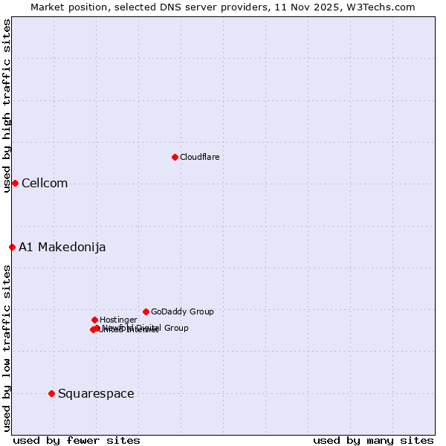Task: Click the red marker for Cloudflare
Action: (175, 157)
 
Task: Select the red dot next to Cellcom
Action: (15, 183)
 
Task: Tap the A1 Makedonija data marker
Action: (12, 247)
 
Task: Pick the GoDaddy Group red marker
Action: (146, 311)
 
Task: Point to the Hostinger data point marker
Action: (94, 320)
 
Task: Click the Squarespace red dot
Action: (51, 393)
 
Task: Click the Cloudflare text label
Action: (199, 157)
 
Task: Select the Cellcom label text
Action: (45, 184)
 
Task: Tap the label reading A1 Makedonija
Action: (62, 248)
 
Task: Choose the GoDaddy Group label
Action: (182, 311)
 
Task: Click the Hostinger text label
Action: (118, 320)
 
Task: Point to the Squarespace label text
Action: (96, 394)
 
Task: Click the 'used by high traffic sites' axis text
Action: (7, 106)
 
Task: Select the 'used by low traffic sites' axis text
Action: (7, 348)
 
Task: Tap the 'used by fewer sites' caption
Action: (77, 441)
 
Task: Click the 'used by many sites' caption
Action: (373, 441)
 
